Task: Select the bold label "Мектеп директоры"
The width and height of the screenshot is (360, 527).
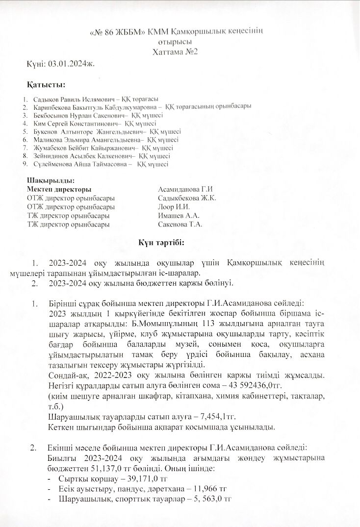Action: click(x=59, y=189)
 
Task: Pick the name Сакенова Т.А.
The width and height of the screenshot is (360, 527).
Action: click(x=180, y=225)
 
